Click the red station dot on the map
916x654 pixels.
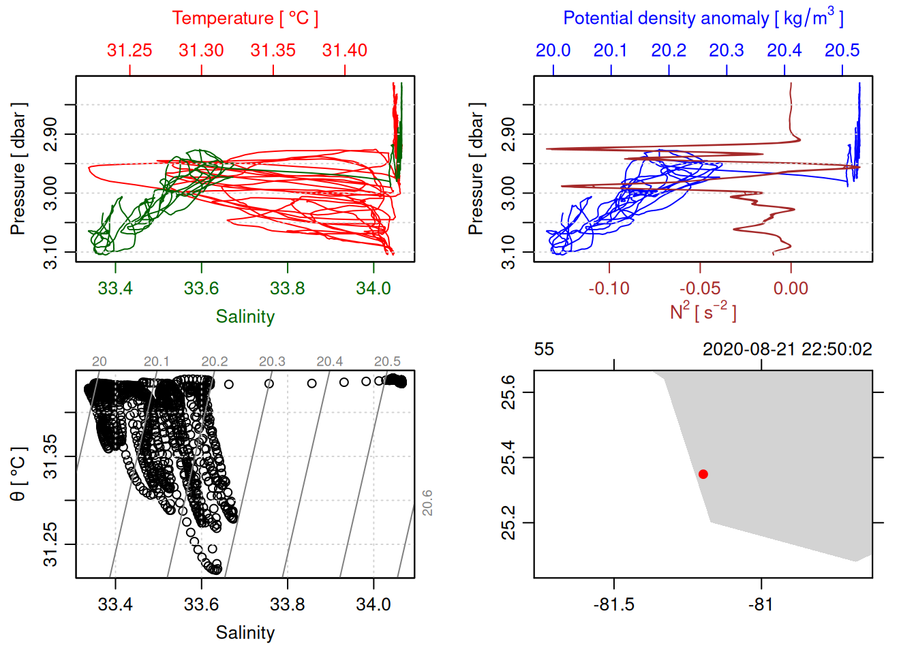coord(703,474)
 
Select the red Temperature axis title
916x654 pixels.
coord(245,18)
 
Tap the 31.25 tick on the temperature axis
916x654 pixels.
coord(129,50)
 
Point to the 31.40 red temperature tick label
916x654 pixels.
coord(345,50)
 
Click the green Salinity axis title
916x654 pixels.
coord(245,317)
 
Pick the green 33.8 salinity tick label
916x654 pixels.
coord(288,288)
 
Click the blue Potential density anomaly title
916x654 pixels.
coord(703,18)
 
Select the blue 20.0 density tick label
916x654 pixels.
coord(553,50)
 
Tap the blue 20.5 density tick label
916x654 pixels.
coord(842,50)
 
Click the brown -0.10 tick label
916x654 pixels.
coord(609,288)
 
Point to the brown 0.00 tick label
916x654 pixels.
coord(791,288)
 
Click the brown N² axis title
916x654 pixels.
coord(703,311)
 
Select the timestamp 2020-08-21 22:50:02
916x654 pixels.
coord(787,349)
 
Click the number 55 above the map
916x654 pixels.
coord(544,349)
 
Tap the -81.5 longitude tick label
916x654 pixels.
coord(614,604)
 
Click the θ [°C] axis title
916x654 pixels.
coord(18,474)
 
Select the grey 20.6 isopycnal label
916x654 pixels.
coord(427,503)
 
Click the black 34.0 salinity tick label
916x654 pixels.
coord(373,604)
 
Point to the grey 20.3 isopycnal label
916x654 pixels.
coord(272,362)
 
